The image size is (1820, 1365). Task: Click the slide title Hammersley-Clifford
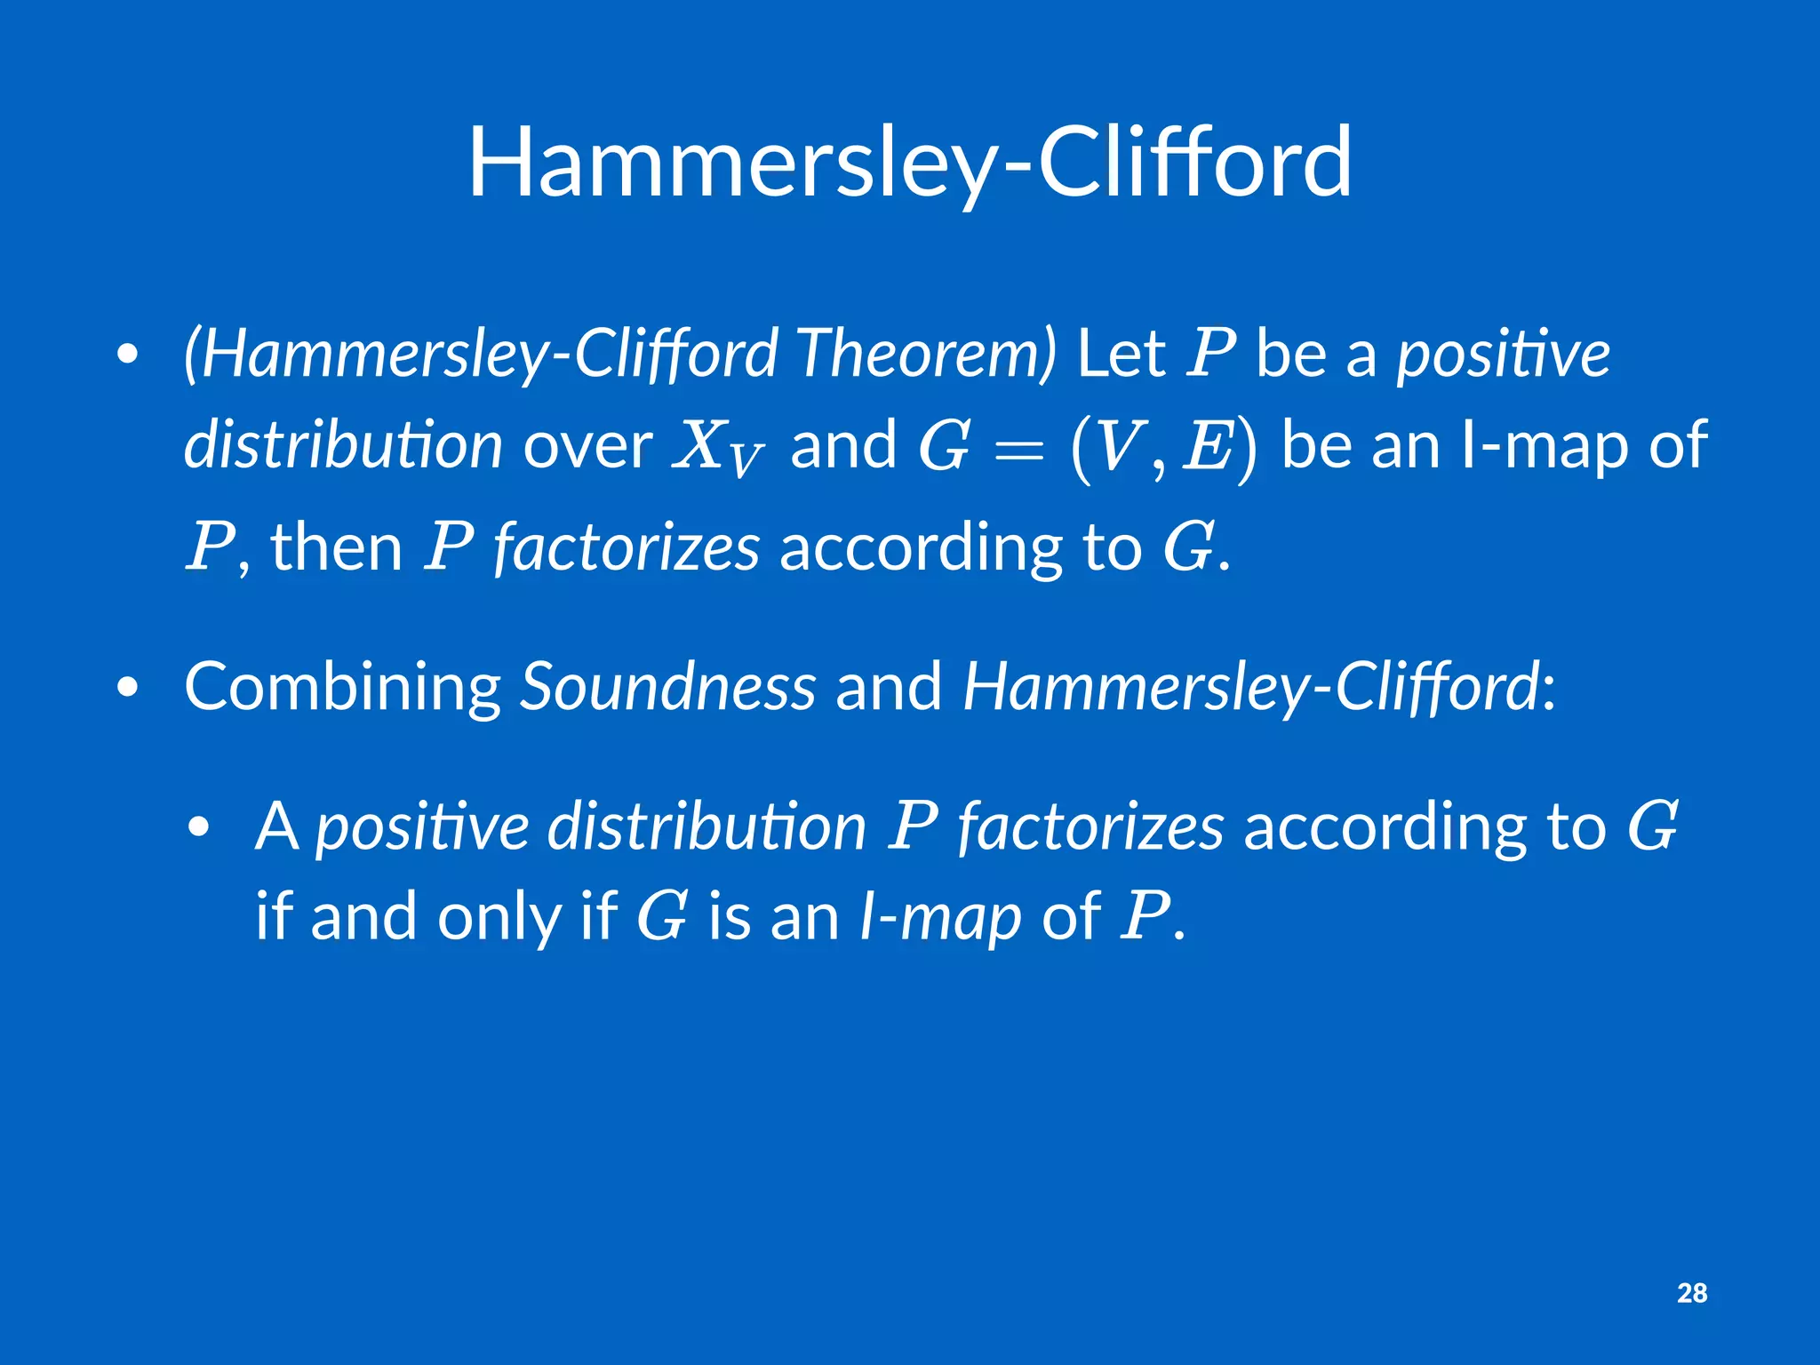tap(910, 163)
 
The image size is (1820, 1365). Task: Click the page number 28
tap(1692, 1293)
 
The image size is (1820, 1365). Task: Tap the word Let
tap(1121, 353)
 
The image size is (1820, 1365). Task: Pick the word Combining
tap(343, 687)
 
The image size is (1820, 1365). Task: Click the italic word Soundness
tap(667, 687)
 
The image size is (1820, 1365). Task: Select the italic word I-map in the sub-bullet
tap(940, 916)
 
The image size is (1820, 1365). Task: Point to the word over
tap(587, 444)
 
